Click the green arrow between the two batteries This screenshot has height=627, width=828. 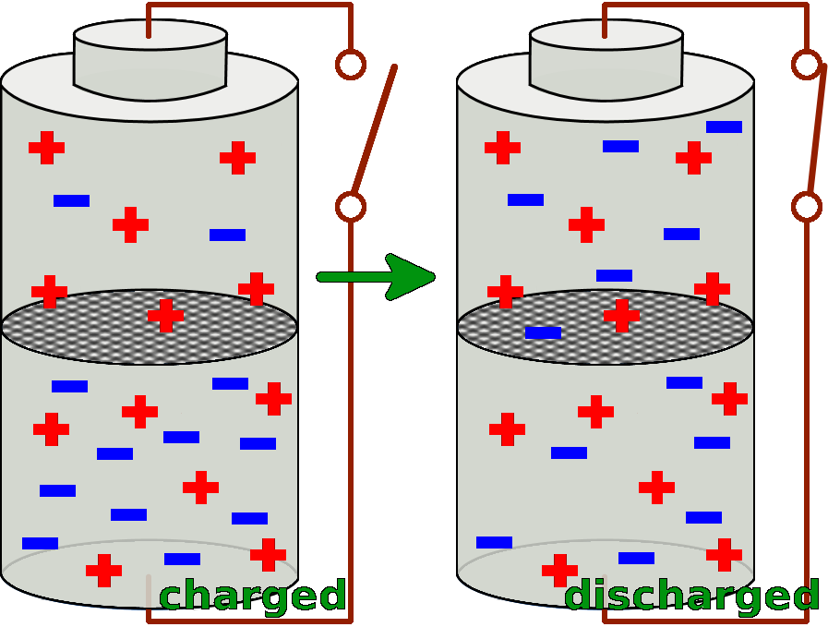[x=378, y=277]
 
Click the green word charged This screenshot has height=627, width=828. [x=252, y=597]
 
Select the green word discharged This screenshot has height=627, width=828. [x=691, y=597]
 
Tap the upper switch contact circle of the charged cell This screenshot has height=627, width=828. [x=350, y=64]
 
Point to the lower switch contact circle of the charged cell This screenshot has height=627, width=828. [x=350, y=206]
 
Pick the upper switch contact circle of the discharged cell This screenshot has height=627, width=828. [x=806, y=64]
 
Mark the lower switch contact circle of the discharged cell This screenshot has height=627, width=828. [x=806, y=206]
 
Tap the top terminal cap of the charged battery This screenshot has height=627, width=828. [x=150, y=60]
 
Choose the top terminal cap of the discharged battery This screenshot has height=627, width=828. [x=606, y=60]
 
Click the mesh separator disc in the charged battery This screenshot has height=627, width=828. [x=92, y=329]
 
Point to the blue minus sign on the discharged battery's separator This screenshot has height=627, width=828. [x=543, y=332]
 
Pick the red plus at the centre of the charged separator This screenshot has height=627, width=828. [x=165, y=315]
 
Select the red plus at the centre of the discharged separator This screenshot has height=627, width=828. [x=621, y=315]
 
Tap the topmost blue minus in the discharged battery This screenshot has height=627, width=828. [x=724, y=127]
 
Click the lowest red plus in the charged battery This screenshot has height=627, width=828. [x=103, y=570]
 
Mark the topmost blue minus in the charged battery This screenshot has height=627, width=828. [x=71, y=200]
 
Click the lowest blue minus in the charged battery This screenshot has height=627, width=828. [x=182, y=559]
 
